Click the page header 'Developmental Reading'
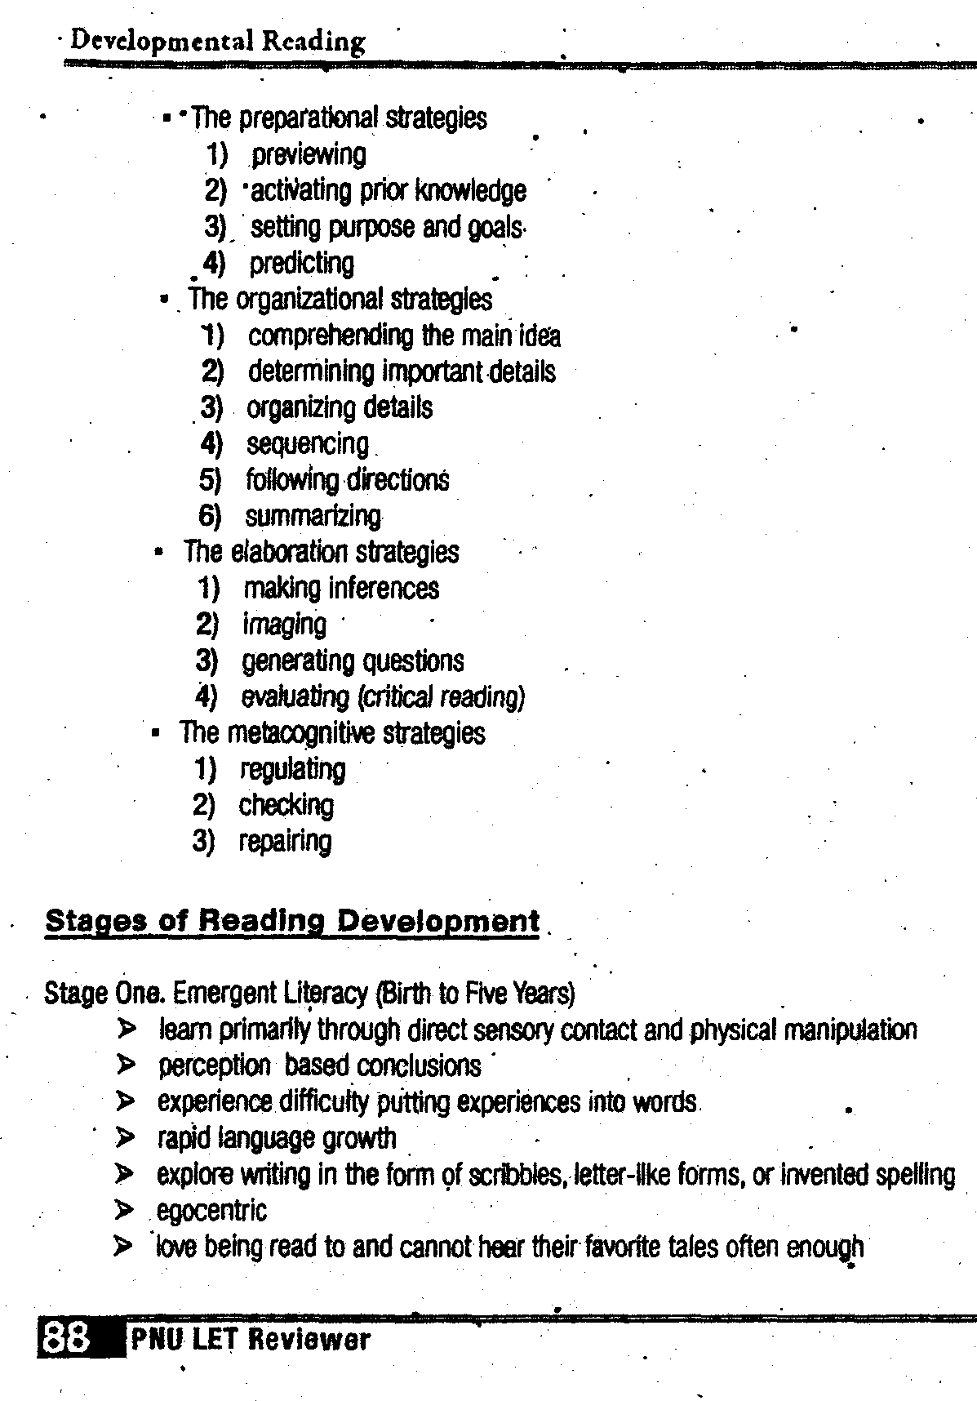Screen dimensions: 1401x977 click(x=217, y=41)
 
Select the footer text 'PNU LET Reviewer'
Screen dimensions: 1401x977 click(x=250, y=1340)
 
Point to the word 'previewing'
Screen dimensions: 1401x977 click(x=309, y=154)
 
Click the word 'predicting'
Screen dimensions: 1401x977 click(x=302, y=263)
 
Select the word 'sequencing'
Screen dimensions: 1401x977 click(x=308, y=444)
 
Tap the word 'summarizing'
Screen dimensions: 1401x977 click(x=313, y=516)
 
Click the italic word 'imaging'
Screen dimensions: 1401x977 click(x=284, y=625)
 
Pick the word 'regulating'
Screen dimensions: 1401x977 click(x=292, y=769)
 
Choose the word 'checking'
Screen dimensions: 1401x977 click(x=286, y=805)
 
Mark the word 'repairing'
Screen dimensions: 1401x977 click(x=285, y=841)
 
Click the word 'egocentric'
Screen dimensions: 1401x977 click(x=211, y=1210)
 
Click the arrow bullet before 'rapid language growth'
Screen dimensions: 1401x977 click(x=125, y=1137)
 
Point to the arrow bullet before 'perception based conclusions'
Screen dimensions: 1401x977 click(x=125, y=1065)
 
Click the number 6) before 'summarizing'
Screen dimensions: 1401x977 click(x=210, y=516)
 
